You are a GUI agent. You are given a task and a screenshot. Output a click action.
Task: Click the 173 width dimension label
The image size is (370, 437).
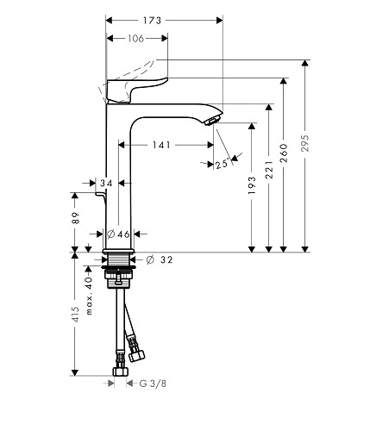click(x=152, y=21)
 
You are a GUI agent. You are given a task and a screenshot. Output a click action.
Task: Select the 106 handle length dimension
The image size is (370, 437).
click(x=135, y=38)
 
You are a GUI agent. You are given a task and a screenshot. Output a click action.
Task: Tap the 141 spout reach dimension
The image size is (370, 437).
click(x=161, y=145)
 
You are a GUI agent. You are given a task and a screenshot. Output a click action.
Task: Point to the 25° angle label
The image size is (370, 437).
click(x=222, y=165)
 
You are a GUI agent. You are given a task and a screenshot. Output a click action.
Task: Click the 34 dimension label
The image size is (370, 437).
click(x=106, y=183)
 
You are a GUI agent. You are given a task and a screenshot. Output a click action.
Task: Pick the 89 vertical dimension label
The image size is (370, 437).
click(x=75, y=218)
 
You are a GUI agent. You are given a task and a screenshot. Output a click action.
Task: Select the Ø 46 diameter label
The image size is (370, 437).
click(x=118, y=234)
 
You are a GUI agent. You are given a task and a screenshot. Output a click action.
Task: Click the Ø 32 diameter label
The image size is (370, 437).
click(x=160, y=259)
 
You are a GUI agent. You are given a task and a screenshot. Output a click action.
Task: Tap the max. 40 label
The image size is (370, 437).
click(x=89, y=296)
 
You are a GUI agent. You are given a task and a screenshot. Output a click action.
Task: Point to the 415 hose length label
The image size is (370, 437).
click(x=75, y=314)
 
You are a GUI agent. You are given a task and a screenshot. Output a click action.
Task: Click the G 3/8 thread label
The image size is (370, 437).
click(x=153, y=384)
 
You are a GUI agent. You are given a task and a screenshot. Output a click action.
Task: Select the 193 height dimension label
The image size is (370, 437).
click(x=252, y=185)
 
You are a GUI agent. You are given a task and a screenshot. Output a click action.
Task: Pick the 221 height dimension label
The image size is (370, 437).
click(x=269, y=170)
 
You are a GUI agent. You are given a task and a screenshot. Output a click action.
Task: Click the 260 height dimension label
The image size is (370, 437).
click(x=284, y=153)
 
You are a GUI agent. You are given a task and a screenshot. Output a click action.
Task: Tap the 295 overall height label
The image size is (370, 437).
click(x=305, y=143)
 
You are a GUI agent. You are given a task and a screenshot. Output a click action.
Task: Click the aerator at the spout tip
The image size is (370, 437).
click(x=213, y=120)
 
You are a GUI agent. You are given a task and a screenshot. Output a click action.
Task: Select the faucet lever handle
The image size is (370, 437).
click(x=135, y=89)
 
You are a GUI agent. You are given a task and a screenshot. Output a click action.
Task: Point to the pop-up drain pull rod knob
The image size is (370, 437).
click(x=101, y=195)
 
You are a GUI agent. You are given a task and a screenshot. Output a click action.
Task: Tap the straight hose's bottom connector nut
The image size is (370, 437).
click(x=120, y=371)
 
